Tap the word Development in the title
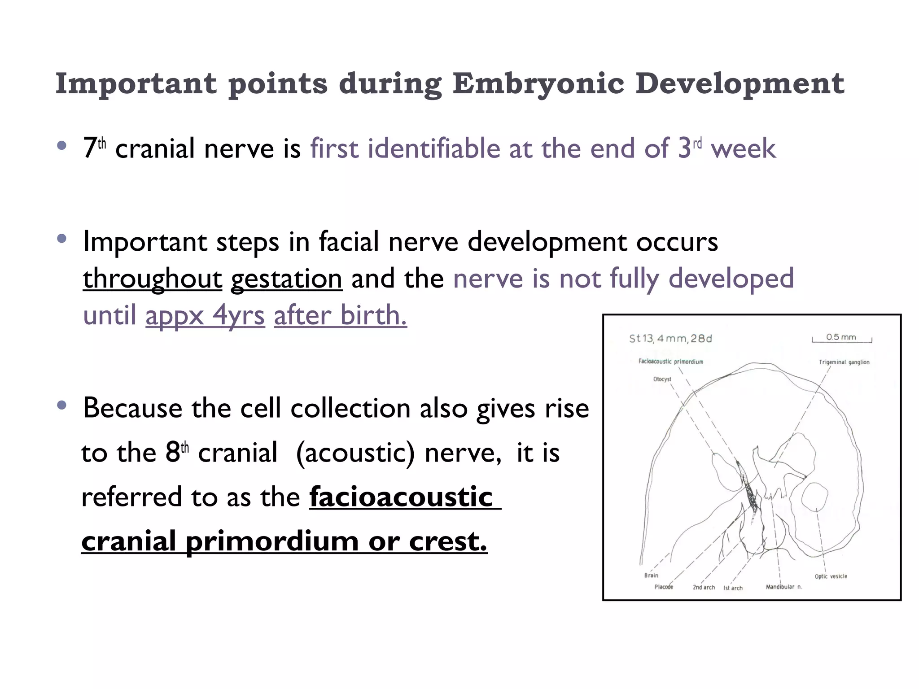click(x=740, y=84)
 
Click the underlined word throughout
click(x=153, y=279)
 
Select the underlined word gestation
click(x=286, y=279)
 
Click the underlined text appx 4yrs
click(x=205, y=316)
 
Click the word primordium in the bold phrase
click(x=272, y=541)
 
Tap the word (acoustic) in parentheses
click(x=355, y=453)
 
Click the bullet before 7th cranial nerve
click(x=62, y=145)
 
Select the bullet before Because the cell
click(x=62, y=406)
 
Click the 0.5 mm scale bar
click(x=841, y=339)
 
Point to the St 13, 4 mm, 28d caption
click(x=670, y=339)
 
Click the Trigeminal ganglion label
click(x=844, y=362)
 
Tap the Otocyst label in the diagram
click(x=662, y=379)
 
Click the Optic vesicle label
click(x=831, y=576)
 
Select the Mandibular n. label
click(x=783, y=587)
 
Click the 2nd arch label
click(x=704, y=587)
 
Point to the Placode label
click(x=664, y=587)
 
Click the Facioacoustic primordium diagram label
click(x=671, y=362)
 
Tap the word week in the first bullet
click(x=743, y=149)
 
